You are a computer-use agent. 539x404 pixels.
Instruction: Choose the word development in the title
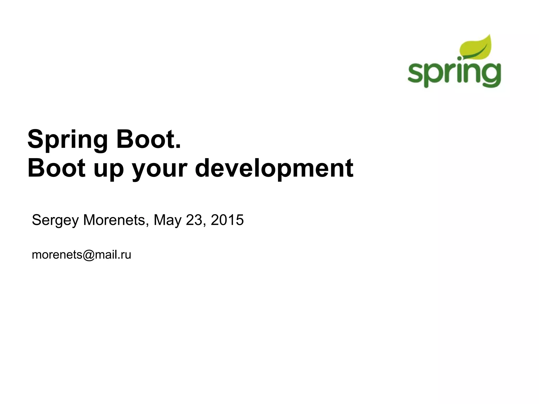click(274, 168)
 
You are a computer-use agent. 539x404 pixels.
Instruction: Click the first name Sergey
click(55, 220)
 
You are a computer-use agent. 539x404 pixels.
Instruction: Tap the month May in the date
click(167, 220)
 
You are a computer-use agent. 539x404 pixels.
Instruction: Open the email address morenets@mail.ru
click(81, 255)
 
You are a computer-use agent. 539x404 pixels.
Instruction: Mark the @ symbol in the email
click(88, 255)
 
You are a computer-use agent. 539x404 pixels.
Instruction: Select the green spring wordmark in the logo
click(454, 73)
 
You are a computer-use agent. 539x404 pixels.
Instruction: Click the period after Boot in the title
click(178, 146)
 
